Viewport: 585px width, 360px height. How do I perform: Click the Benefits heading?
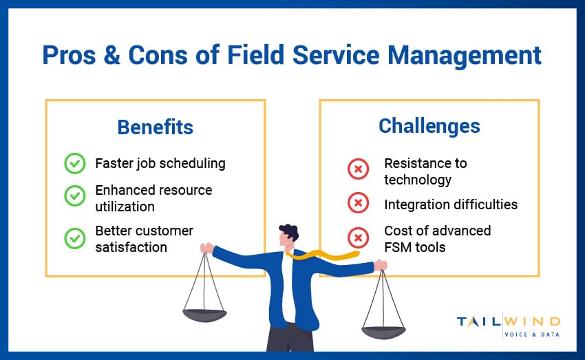pos(155,127)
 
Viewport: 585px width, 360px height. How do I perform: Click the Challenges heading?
pos(429,126)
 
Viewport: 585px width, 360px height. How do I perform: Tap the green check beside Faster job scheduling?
pos(74,164)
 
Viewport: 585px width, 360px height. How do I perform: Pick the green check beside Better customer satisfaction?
pos(74,238)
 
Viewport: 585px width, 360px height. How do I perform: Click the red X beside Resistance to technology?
pos(358,169)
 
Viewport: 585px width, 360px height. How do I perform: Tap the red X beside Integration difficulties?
pos(358,204)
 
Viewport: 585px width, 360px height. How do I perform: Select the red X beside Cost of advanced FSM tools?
pos(358,237)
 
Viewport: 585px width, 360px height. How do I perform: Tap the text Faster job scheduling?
pos(160,164)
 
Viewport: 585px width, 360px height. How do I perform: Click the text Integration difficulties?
pos(451,204)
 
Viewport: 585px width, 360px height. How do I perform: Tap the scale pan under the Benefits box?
pos(204,315)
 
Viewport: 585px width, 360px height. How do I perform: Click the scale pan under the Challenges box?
pos(383,332)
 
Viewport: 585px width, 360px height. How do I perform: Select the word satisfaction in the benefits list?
pos(131,246)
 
